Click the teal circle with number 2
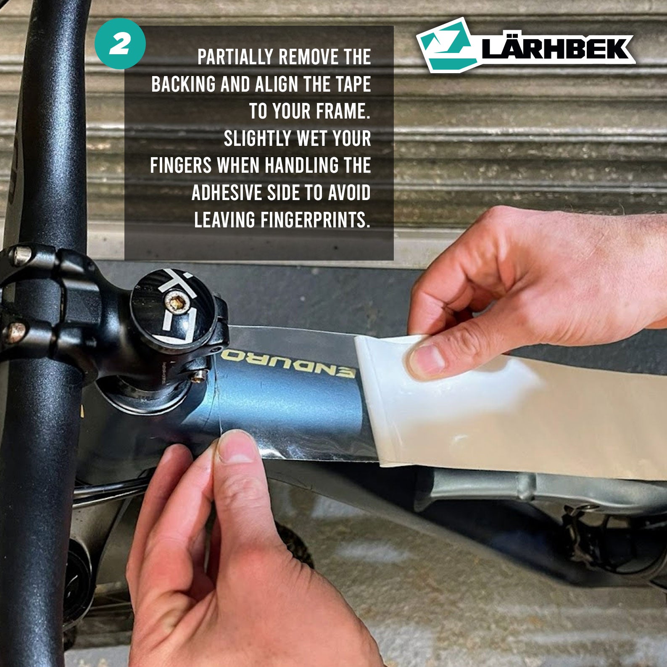point(120,44)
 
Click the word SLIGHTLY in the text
point(258,139)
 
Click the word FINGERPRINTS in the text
point(315,220)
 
